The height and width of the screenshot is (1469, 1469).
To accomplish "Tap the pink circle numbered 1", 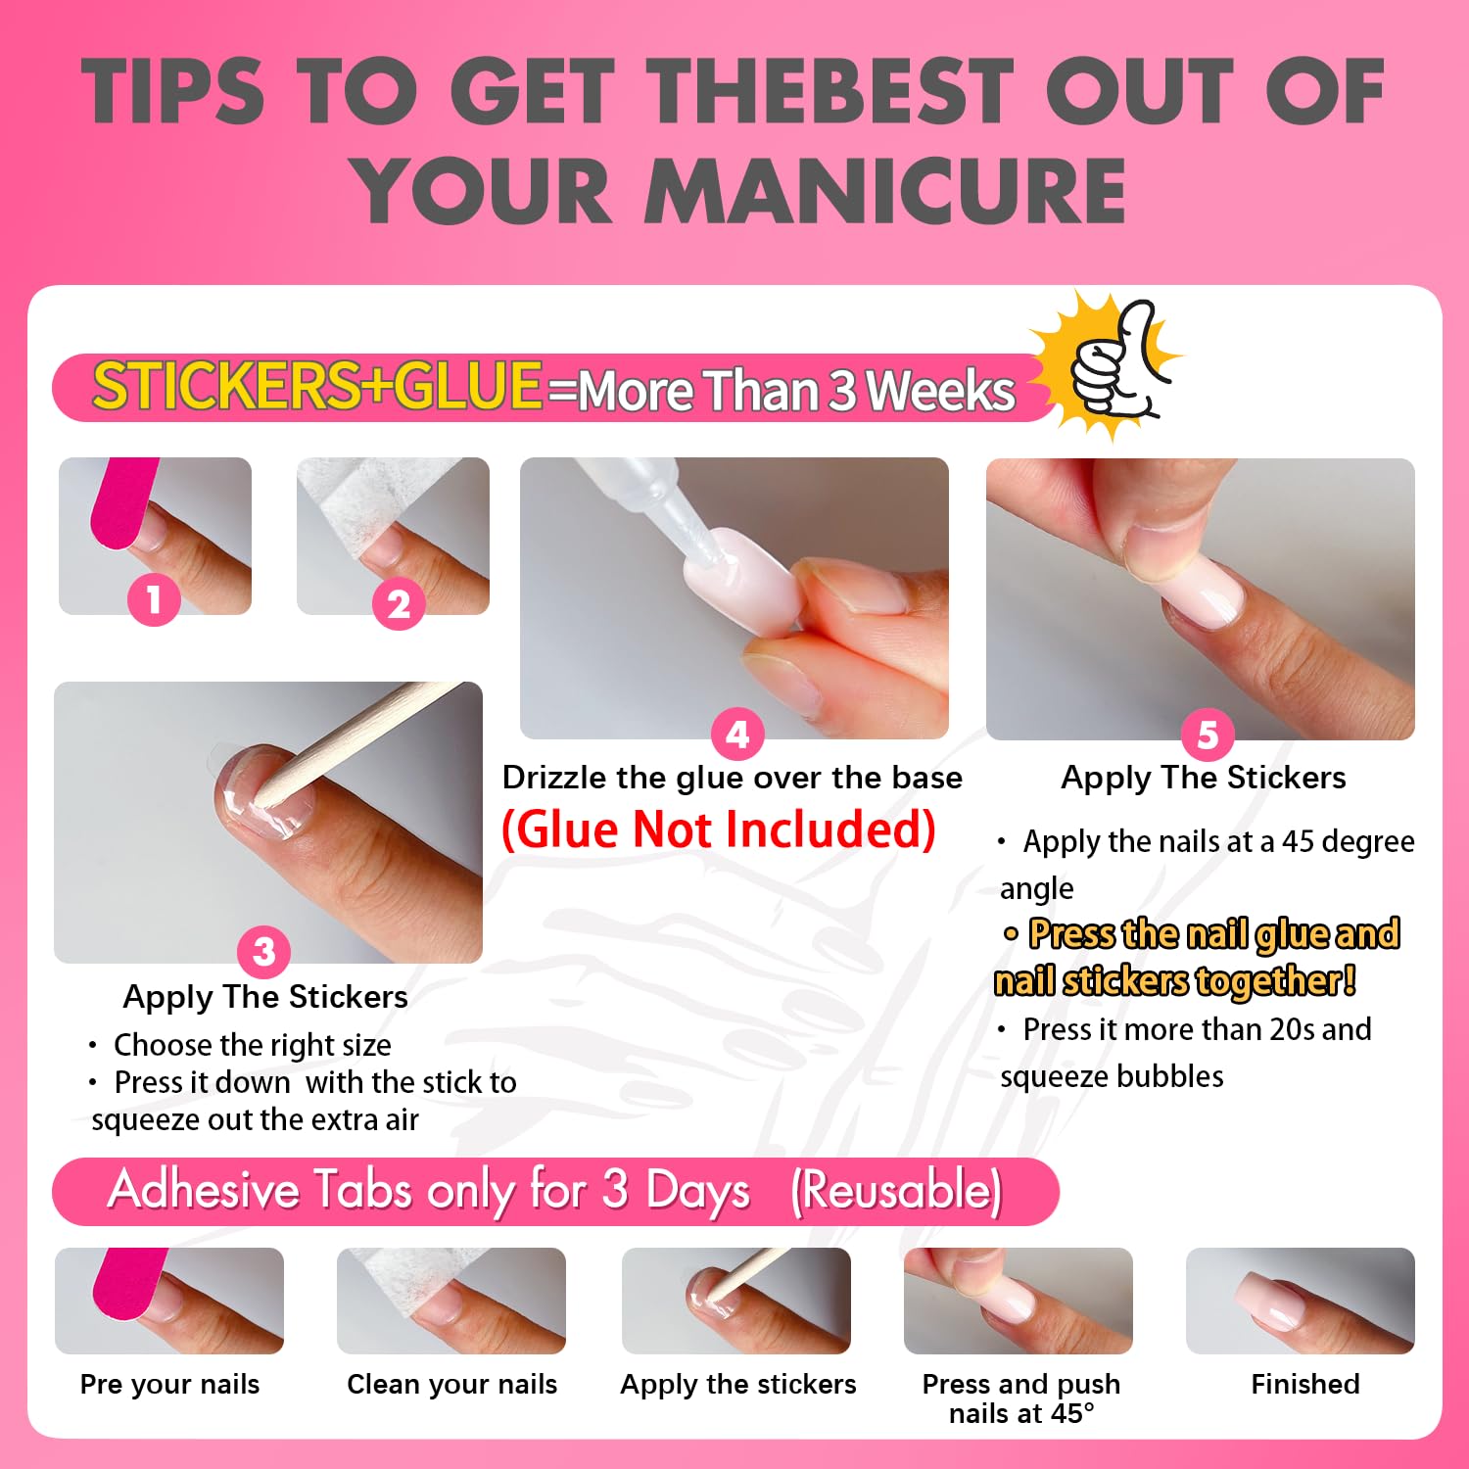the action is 154,598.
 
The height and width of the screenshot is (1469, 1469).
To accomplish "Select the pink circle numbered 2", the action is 399,603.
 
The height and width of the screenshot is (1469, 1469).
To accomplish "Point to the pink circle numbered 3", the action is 263,951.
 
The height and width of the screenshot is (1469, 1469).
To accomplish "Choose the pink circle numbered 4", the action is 737,734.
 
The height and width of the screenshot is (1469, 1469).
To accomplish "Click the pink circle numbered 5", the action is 1208,734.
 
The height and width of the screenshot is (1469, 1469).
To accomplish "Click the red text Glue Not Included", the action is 719,829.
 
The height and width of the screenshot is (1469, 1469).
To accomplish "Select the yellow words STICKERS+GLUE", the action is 316,385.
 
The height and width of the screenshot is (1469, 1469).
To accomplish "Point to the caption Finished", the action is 1305,1384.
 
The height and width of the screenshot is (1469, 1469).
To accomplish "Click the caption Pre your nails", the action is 169,1385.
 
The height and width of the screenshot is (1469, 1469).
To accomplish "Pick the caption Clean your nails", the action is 451,1385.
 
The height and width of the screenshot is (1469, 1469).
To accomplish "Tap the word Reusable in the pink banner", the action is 896,1191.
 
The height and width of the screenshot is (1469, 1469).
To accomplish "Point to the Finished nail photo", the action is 1301,1301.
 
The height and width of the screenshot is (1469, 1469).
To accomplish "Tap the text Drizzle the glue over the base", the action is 733,778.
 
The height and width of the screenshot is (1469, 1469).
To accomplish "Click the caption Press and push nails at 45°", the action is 1020,1398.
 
